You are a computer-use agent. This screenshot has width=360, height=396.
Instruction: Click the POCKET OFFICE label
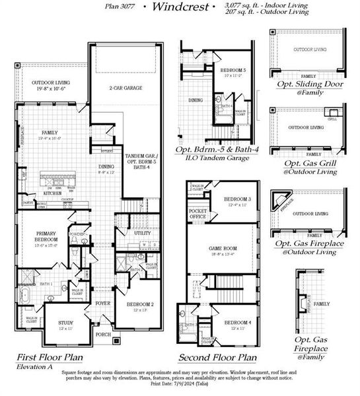click(197, 213)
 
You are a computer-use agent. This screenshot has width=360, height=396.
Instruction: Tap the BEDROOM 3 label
click(236, 199)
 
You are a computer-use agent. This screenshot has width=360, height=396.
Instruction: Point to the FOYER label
click(103, 304)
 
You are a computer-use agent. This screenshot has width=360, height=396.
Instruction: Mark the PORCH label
click(103, 333)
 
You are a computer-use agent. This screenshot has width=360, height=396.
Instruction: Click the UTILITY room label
click(143, 233)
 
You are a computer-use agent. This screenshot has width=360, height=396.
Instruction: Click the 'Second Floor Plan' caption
click(217, 357)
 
